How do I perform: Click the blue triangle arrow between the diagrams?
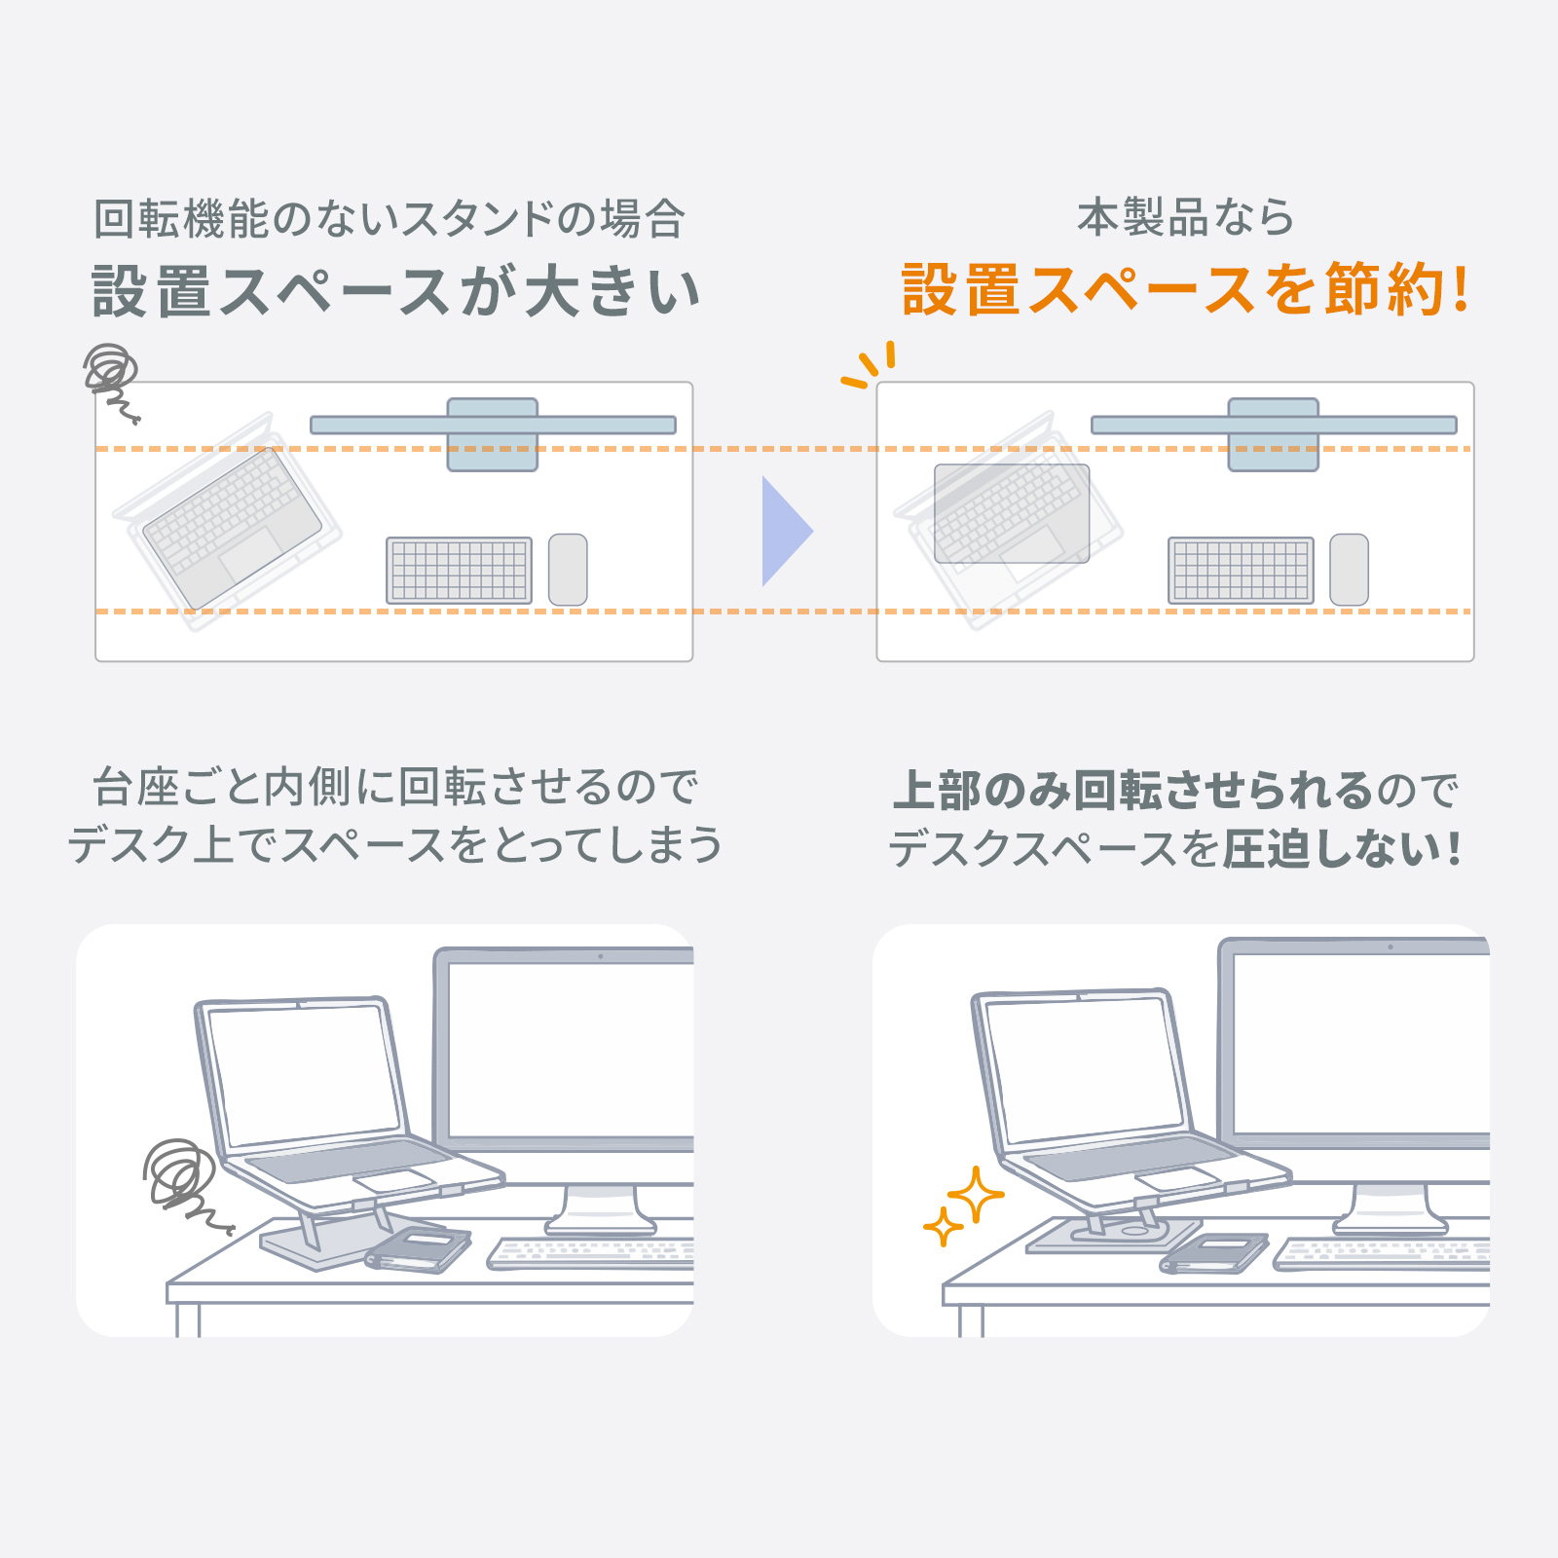tap(784, 532)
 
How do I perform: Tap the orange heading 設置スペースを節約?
tap(1185, 289)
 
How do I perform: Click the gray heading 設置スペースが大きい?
tap(395, 290)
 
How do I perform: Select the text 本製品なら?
tap(1185, 216)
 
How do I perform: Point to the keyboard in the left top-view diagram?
tap(459, 571)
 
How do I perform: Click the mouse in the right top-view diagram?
tap(1349, 570)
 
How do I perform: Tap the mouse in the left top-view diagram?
tap(568, 570)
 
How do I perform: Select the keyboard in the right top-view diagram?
tap(1241, 571)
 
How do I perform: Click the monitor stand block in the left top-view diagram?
tap(492, 434)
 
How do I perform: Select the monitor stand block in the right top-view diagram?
tap(1274, 434)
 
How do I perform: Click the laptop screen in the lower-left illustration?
tap(304, 1075)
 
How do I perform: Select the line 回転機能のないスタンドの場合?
tap(389, 218)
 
